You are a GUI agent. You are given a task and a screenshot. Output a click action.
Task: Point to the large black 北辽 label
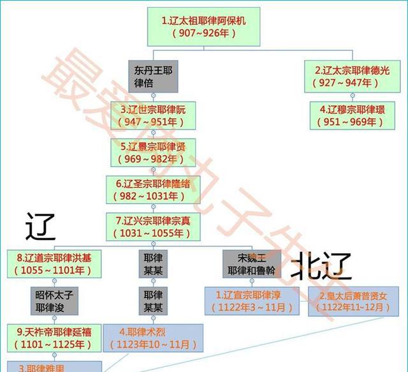click(322, 266)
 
